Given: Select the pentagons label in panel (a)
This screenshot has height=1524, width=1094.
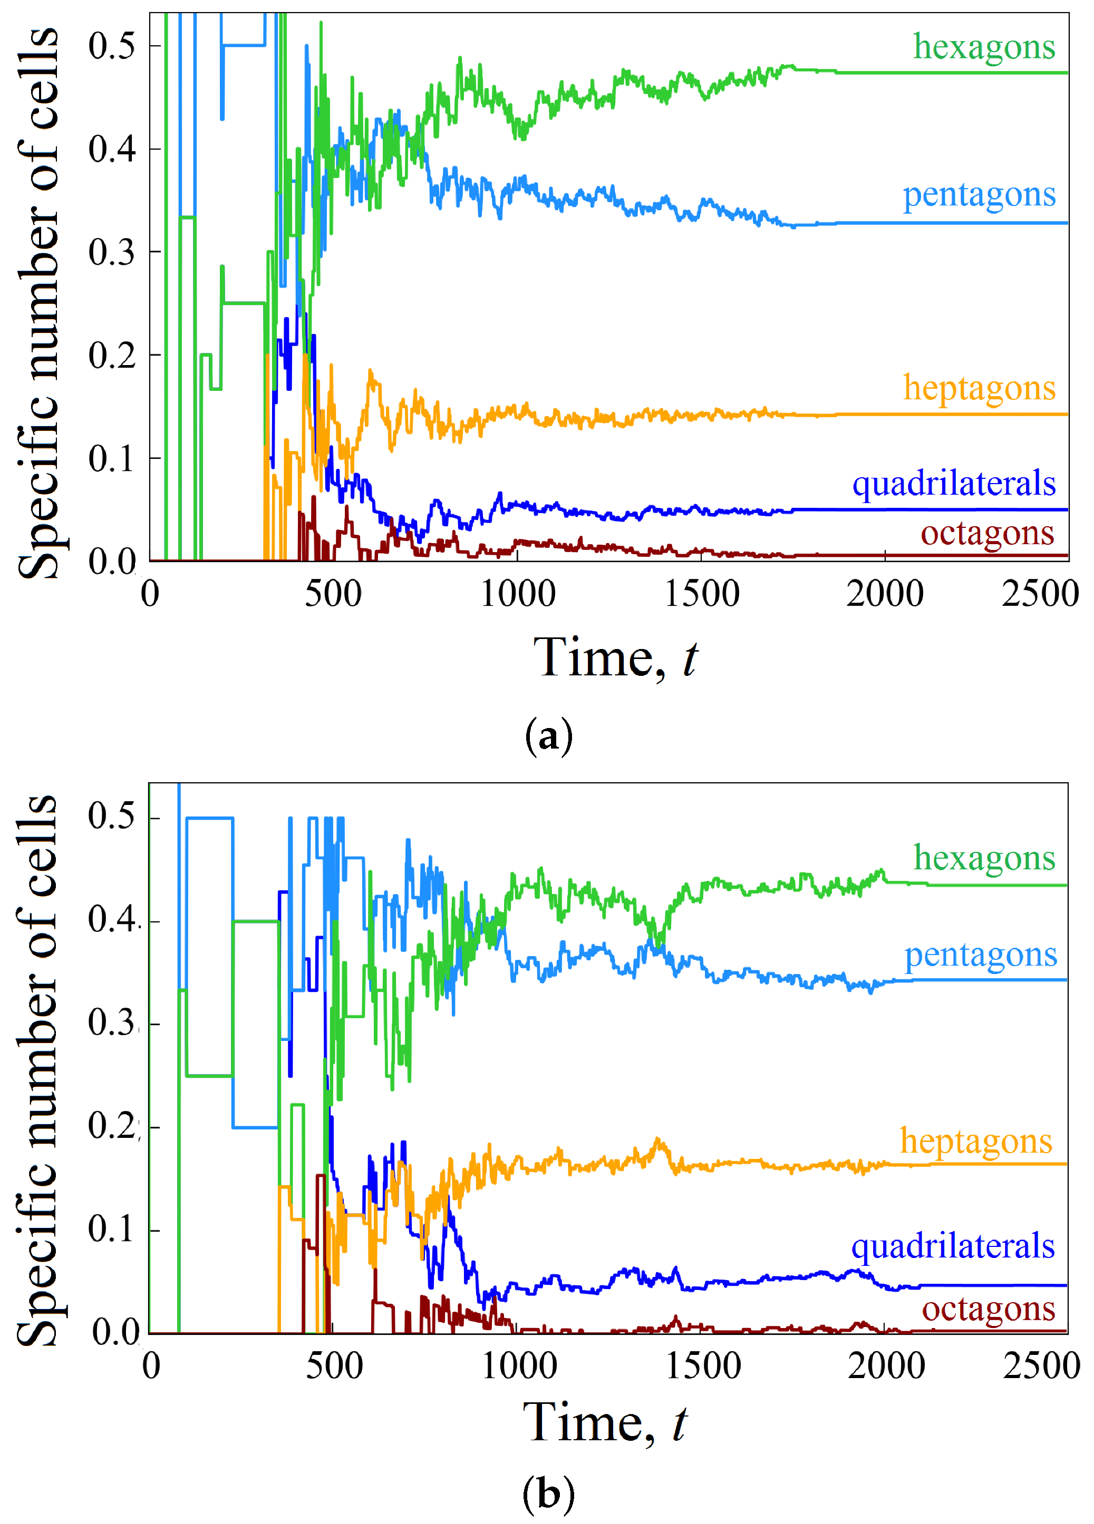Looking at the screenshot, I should click(979, 196).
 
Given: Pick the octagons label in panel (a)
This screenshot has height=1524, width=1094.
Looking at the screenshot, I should click(987, 534).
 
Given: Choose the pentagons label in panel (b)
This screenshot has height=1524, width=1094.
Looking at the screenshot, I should click(980, 956).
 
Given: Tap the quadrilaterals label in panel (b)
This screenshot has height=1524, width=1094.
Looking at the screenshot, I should click(953, 1247).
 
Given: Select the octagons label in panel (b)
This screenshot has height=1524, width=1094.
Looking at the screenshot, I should click(989, 1310).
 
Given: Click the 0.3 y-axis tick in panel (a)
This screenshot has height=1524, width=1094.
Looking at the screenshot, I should click(112, 253).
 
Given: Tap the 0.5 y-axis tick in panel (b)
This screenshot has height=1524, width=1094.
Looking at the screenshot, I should click(112, 817).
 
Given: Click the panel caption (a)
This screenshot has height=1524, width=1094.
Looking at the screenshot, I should click(548, 737).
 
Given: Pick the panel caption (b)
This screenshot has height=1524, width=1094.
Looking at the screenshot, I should click(548, 1493).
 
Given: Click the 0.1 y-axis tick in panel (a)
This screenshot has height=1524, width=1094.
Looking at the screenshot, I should click(112, 459).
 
